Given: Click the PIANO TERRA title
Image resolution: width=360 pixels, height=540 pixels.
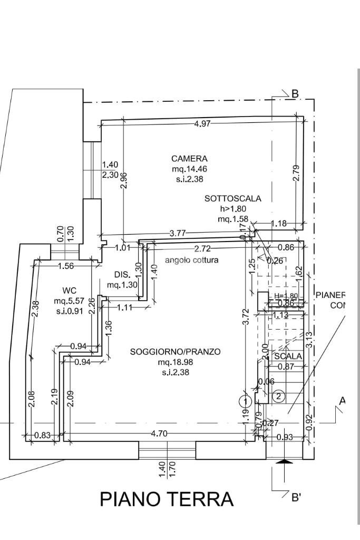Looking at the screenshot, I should [167, 499].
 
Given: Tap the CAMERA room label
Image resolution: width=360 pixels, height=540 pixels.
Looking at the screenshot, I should [189, 158].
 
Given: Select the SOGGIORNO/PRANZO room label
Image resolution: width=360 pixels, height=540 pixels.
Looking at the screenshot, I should [175, 352].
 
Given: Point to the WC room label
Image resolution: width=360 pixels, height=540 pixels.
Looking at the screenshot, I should [70, 291].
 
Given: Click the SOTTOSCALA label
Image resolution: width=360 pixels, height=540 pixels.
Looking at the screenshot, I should [232, 199].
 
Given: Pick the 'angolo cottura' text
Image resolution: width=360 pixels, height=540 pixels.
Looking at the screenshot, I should [191, 260].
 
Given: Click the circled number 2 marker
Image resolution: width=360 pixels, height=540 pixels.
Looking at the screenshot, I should [279, 397].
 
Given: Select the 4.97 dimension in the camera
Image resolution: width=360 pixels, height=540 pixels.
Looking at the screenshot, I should [202, 124].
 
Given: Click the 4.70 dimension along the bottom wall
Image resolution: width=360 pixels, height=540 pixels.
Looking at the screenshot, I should [159, 433].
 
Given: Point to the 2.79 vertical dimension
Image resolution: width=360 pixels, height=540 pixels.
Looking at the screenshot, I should [296, 173].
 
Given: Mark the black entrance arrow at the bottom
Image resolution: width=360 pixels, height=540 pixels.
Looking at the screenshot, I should [284, 462].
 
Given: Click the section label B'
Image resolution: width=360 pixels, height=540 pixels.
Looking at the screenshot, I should [296, 496].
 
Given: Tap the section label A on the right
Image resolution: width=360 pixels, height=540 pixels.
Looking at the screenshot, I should [342, 401].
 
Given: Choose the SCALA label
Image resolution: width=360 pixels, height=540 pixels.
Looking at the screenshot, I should [288, 356].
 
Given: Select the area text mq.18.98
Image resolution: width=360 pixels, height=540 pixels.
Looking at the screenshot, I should [175, 362].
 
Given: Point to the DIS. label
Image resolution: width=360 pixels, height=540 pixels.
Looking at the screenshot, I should [122, 275].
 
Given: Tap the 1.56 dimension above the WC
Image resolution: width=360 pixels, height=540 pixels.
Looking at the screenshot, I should [66, 266].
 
